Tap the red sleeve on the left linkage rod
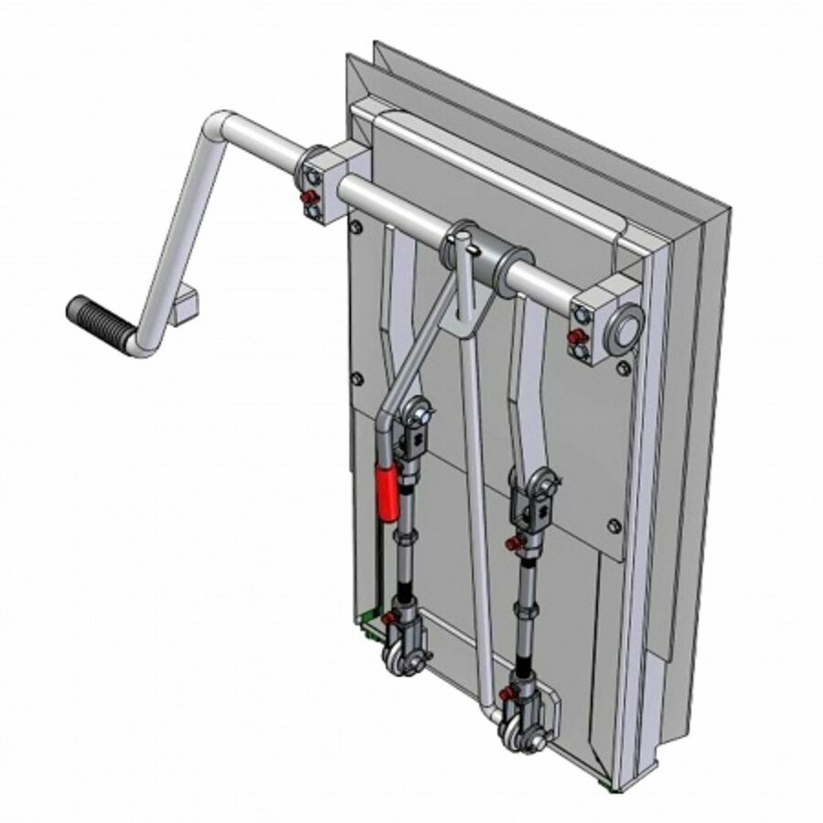point(386,491)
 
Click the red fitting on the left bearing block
point(312,198)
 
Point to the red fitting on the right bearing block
point(577,337)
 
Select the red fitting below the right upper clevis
point(515,544)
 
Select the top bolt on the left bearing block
point(314,176)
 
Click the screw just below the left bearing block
point(353,224)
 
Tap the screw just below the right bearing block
point(623,368)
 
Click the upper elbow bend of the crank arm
point(219,124)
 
